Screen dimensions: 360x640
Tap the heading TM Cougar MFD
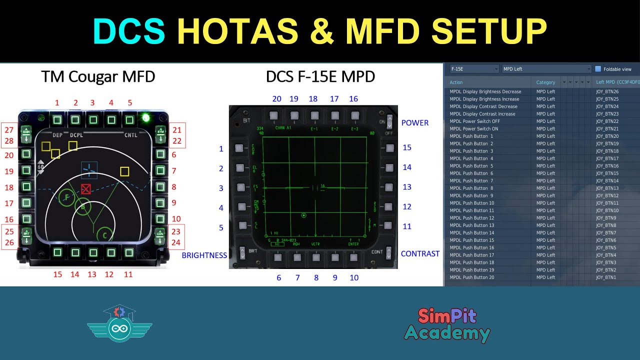pyautogui.click(x=98, y=76)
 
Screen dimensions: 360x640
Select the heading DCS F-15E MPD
pyautogui.click(x=320, y=76)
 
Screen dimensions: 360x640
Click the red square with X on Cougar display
pyautogui.click(x=86, y=189)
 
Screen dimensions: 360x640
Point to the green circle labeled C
pyautogui.click(x=104, y=234)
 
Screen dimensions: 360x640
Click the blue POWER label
pyautogui.click(x=415, y=123)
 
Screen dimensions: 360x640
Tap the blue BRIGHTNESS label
pyautogui.click(x=204, y=255)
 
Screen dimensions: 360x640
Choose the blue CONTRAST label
pyautogui.click(x=420, y=253)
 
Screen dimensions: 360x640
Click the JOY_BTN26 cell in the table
pyautogui.click(x=607, y=91)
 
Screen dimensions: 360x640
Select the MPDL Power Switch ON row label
pyautogui.click(x=473, y=128)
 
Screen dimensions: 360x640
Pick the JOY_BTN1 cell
pyautogui.click(x=605, y=277)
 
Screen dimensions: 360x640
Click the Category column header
pyautogui.click(x=545, y=82)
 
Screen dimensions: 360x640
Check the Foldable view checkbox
pyautogui.click(x=598, y=69)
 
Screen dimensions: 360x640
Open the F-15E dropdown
pyautogui.click(x=473, y=69)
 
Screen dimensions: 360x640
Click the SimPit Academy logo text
pyautogui.click(x=447, y=324)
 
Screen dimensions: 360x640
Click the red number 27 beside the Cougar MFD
pyautogui.click(x=9, y=130)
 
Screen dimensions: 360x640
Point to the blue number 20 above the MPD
pyautogui.click(x=276, y=99)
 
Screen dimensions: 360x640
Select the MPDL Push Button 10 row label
pyautogui.click(x=471, y=203)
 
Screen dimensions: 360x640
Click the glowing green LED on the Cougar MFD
pyautogui.click(x=146, y=118)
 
